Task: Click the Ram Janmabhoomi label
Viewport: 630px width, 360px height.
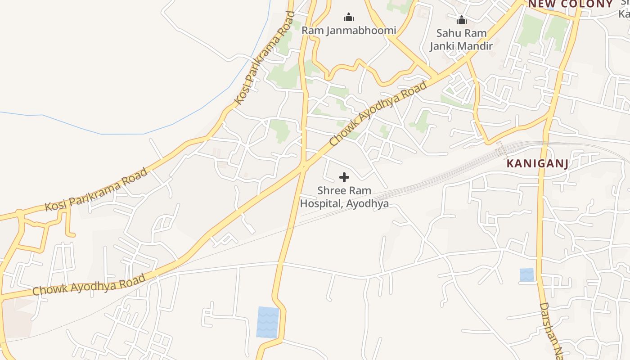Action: click(x=349, y=31)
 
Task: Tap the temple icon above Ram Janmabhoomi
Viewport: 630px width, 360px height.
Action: click(x=349, y=18)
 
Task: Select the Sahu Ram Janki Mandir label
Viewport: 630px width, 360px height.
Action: click(x=461, y=40)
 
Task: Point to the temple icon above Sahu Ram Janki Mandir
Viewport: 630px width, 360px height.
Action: click(x=461, y=20)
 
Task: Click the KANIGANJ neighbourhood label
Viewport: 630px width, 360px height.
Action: click(x=537, y=163)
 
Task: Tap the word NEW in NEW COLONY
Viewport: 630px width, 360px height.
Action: click(x=541, y=4)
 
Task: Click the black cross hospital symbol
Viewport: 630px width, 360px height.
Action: click(x=344, y=177)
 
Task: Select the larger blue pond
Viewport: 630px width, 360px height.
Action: click(x=268, y=322)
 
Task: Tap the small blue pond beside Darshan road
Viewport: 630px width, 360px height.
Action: click(x=526, y=275)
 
